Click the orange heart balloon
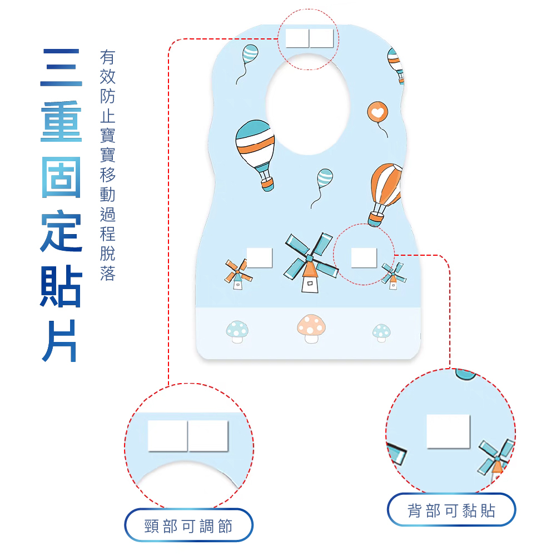click(x=378, y=113)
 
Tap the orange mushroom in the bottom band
click(x=311, y=329)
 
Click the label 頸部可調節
click(x=188, y=526)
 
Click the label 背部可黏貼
click(x=451, y=510)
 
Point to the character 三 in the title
click(x=61, y=67)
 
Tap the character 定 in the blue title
click(x=61, y=231)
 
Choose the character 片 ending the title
click(x=59, y=341)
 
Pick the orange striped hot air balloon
click(x=385, y=194)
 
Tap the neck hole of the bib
click(x=308, y=105)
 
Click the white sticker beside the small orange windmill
click(x=260, y=258)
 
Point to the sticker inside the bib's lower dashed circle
click(x=364, y=258)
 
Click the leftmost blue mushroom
click(x=237, y=332)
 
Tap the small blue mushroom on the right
click(x=381, y=333)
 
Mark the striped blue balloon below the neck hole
click(x=322, y=188)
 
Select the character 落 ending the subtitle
click(x=108, y=274)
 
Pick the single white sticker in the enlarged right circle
click(x=448, y=431)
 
